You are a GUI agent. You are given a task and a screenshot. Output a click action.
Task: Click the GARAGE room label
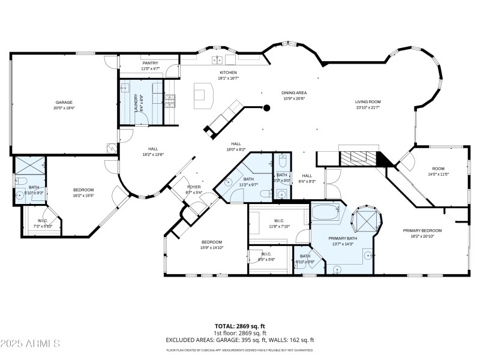point(64,103)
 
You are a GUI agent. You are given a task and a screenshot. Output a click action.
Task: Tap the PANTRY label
point(150,63)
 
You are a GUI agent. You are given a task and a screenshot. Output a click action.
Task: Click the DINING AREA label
point(294,92)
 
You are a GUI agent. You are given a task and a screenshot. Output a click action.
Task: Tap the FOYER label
point(194,187)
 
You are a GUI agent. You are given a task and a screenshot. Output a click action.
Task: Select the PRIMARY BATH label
point(343,238)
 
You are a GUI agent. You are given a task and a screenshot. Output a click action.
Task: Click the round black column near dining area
point(268,108)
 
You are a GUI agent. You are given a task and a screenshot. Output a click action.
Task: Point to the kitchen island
point(203,96)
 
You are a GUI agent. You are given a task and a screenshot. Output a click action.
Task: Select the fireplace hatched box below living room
point(358,158)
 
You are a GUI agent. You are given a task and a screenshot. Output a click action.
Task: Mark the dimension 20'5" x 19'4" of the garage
point(64,109)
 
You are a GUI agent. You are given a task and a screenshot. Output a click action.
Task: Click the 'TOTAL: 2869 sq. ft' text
point(240,325)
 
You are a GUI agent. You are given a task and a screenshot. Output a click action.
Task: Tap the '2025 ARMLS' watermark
point(30,344)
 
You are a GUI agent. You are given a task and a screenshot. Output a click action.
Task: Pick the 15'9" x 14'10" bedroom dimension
point(212,248)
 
